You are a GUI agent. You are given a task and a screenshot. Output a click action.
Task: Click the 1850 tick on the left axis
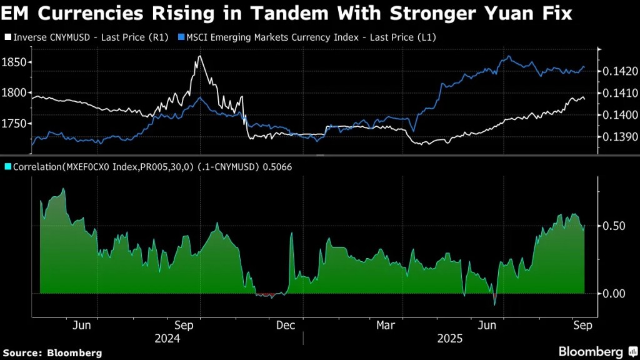coord(15,62)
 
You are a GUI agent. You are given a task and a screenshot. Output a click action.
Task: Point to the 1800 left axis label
coord(15,92)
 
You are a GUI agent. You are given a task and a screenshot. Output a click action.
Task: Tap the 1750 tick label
coord(15,124)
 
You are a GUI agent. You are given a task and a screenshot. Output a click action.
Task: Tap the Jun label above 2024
coord(82,325)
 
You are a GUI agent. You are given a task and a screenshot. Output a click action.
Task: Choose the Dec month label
coord(285,325)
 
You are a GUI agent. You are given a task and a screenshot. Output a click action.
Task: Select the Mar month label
coord(386,325)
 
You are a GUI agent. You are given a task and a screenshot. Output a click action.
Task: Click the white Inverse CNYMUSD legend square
coord(7,37)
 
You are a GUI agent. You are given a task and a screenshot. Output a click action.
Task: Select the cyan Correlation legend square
coord(7,167)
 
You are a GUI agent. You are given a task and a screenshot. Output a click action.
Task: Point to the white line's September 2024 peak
coord(199,56)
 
